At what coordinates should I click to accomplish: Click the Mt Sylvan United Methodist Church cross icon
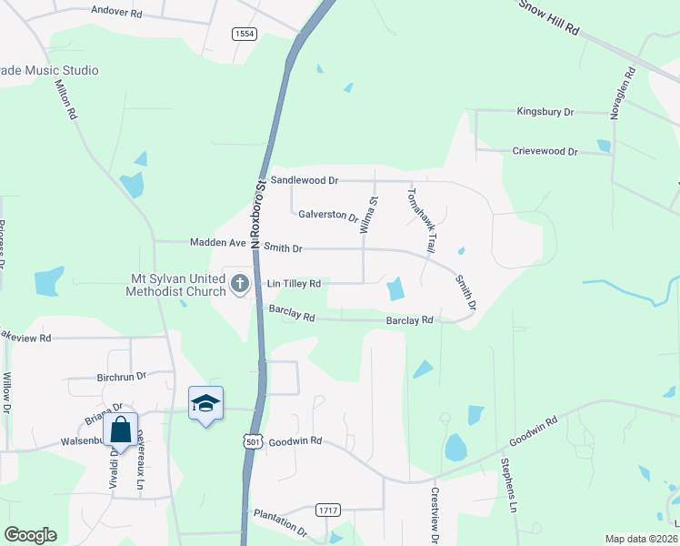tap(240, 283)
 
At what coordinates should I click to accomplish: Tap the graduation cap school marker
tap(205, 402)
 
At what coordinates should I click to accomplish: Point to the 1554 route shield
tap(244, 34)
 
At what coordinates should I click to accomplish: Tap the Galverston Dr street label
tap(328, 215)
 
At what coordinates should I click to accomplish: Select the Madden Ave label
tap(218, 243)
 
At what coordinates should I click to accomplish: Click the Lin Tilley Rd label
tap(294, 284)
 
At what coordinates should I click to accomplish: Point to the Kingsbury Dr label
tap(545, 112)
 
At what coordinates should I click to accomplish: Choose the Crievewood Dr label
tap(545, 151)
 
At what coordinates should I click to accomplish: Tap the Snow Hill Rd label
tap(549, 16)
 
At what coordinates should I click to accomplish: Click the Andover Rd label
tap(117, 13)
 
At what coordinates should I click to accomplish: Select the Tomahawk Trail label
tap(422, 221)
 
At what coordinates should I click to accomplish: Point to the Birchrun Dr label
tap(121, 376)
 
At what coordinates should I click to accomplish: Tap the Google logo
tap(30, 535)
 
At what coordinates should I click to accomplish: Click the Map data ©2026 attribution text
tap(641, 539)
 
